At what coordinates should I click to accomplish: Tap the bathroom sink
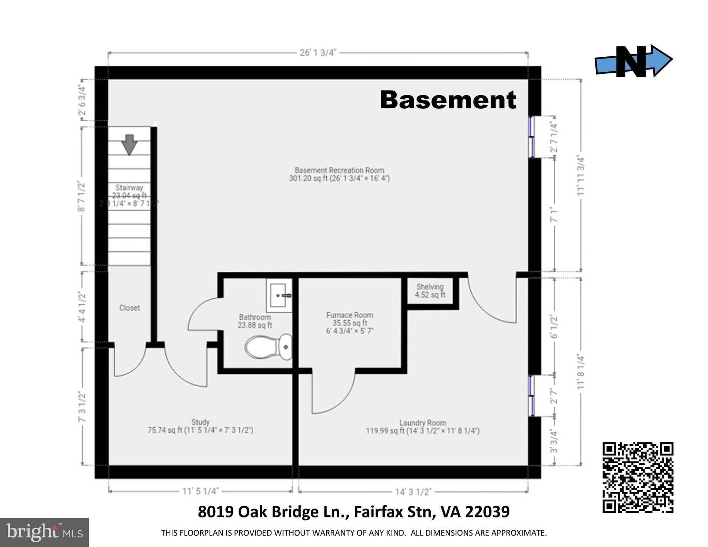pos(279,295)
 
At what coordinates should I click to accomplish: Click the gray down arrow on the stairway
pos(129,144)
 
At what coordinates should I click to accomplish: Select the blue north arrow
pos(634,61)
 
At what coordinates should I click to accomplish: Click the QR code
pos(637,477)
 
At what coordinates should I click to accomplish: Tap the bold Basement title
pos(448,100)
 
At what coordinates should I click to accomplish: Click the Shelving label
pos(430,287)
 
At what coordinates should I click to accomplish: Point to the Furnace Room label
pos(350,315)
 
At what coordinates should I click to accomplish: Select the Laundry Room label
pos(422,423)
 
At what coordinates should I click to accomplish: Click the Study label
pos(200,422)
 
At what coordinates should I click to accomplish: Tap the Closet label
pos(129,308)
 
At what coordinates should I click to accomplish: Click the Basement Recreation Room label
pos(339,170)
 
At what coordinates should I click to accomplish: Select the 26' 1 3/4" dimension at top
pos(317,53)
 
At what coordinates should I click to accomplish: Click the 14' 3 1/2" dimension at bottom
pos(413,492)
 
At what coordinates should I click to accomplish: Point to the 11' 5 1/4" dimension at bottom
pos(200,491)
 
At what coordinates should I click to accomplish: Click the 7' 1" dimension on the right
pos(554,215)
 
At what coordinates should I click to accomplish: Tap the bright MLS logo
pos(44,532)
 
